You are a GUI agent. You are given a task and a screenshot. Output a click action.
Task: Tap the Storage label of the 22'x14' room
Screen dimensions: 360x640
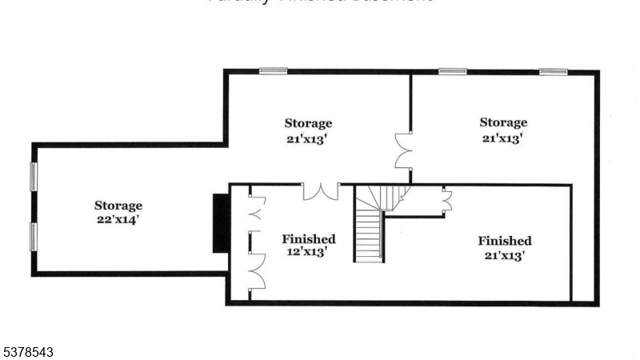point(118,206)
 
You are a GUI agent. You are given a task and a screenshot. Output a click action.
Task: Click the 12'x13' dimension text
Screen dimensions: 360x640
point(308,253)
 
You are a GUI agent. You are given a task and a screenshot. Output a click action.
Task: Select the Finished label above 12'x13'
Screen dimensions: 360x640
point(308,239)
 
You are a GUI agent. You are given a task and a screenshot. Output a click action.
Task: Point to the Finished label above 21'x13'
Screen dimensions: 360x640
point(505,241)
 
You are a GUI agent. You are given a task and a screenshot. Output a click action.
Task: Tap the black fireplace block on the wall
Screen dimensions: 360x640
point(221,223)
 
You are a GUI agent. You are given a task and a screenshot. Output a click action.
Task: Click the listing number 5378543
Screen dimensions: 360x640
point(29,350)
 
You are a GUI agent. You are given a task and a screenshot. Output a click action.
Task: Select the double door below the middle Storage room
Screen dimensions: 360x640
point(320,191)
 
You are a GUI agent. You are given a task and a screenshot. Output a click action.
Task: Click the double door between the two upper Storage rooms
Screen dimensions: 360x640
point(403,150)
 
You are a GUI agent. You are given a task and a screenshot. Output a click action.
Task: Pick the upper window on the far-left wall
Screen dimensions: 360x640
point(34,177)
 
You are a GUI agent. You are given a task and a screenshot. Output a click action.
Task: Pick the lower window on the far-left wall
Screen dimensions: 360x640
point(34,237)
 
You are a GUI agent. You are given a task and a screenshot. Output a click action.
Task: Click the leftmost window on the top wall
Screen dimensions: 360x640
point(273,70)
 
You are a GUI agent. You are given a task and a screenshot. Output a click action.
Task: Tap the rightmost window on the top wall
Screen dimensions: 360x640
point(553,72)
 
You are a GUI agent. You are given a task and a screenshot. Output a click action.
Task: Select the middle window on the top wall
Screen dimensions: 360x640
point(452,71)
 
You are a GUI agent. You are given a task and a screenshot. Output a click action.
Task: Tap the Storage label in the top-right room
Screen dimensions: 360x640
point(503,122)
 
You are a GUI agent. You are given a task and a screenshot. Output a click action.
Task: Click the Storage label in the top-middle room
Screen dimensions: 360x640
point(308,123)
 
